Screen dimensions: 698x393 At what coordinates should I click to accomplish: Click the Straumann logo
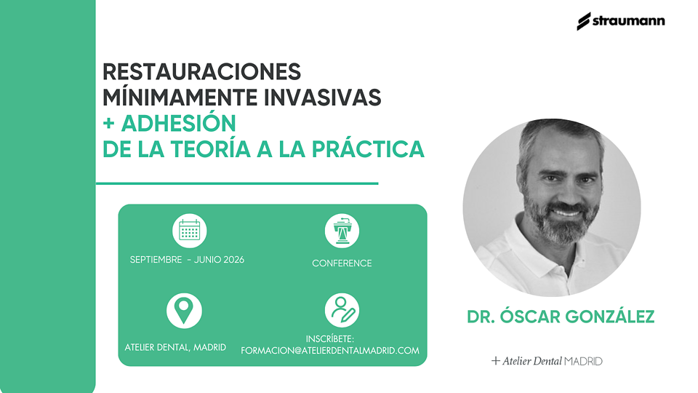click(x=620, y=21)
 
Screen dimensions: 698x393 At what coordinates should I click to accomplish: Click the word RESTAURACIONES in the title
click(x=201, y=72)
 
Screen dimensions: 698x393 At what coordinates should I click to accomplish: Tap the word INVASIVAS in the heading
click(x=322, y=98)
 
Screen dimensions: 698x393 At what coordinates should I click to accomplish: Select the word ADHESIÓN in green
click(x=179, y=124)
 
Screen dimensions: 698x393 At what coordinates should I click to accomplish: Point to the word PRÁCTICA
click(x=368, y=149)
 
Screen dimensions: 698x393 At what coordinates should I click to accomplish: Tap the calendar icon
click(x=189, y=231)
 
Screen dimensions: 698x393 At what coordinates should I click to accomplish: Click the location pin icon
click(x=184, y=311)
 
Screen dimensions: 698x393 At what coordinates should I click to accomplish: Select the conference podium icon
click(x=342, y=231)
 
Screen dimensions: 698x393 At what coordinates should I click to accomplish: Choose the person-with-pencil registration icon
click(x=342, y=310)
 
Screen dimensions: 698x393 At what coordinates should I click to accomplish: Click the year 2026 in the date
click(x=233, y=260)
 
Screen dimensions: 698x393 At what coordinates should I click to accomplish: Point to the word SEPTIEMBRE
click(x=156, y=260)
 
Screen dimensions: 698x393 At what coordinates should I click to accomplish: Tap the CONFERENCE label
click(x=342, y=263)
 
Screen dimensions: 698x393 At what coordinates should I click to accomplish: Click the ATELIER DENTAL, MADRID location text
click(x=175, y=347)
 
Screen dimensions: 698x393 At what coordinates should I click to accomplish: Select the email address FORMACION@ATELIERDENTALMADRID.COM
click(x=330, y=351)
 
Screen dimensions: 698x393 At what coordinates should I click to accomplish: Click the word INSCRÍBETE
click(x=330, y=339)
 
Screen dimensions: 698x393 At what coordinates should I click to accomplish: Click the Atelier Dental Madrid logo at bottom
click(x=547, y=361)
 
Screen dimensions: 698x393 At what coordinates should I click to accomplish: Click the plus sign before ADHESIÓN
click(x=108, y=124)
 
